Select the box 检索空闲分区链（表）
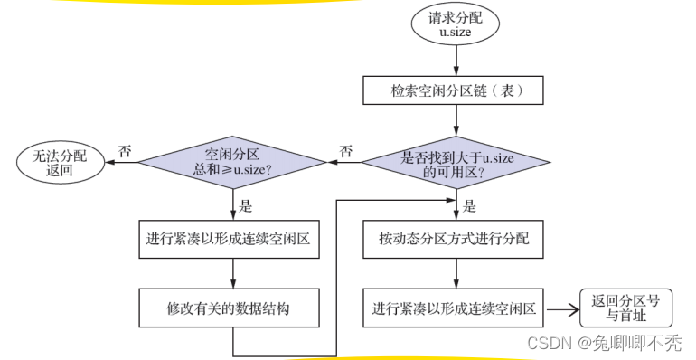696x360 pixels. click(456, 90)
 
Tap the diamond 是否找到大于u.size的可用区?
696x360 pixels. click(456, 164)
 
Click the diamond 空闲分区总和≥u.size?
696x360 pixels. click(233, 164)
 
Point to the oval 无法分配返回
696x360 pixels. click(57, 164)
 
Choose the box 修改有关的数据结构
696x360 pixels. click(233, 308)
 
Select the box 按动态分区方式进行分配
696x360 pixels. click(456, 240)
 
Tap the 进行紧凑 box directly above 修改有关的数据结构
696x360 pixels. click(233, 240)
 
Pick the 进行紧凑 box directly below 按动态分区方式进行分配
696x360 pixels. click(456, 308)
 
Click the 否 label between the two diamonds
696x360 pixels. click(345, 150)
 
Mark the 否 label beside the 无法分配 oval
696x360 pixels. click(125, 150)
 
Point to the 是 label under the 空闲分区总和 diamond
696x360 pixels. click(247, 205)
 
